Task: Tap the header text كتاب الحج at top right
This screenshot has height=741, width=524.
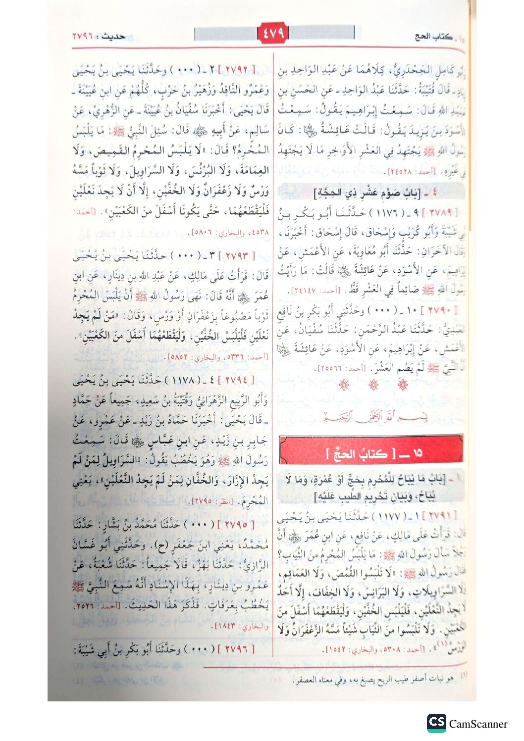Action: point(433,37)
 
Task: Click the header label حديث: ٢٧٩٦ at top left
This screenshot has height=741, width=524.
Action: point(99,37)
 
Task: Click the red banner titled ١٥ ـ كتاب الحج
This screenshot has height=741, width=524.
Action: point(371,449)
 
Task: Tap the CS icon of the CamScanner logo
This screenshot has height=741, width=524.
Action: point(436,723)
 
